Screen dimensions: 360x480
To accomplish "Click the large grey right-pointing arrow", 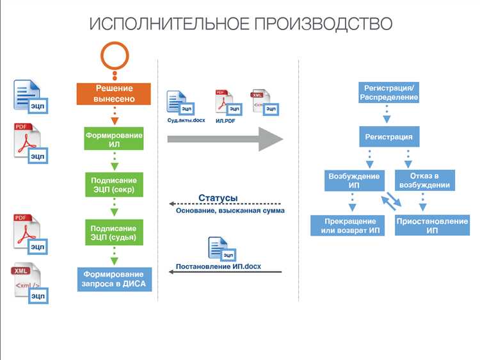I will point(224,138).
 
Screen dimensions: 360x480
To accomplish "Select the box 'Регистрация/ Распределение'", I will point(388,93).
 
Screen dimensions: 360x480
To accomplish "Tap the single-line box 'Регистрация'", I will point(388,136).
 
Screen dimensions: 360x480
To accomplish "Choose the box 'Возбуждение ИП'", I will point(354,181).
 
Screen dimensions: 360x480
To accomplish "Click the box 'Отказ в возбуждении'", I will point(424,181).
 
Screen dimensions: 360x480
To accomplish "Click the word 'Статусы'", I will point(218,198).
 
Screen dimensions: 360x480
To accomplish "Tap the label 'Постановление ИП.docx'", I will point(218,266).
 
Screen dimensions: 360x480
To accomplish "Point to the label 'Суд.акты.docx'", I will point(186,120).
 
